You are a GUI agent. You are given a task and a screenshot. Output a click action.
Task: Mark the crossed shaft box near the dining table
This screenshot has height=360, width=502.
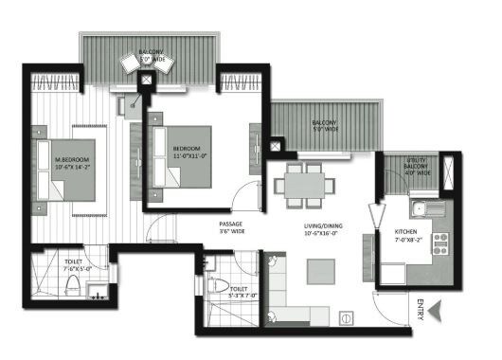[x=276, y=148]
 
